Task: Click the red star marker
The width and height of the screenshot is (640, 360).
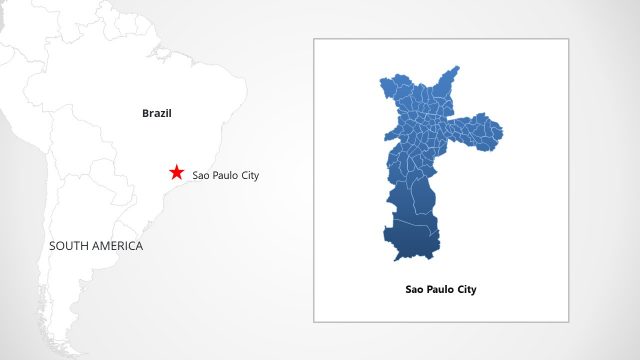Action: (x=177, y=172)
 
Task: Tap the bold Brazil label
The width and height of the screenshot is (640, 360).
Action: (x=157, y=114)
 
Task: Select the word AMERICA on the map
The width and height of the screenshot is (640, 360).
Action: (x=117, y=246)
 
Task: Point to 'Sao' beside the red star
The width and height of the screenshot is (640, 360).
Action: (x=200, y=176)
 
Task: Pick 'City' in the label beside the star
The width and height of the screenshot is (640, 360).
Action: (x=249, y=176)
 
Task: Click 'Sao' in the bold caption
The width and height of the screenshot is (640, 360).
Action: (x=415, y=290)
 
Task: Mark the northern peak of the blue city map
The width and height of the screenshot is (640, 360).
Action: (x=457, y=69)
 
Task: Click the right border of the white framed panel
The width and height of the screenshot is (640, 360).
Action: (x=568, y=180)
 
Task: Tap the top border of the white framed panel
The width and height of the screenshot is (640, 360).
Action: (x=441, y=39)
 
